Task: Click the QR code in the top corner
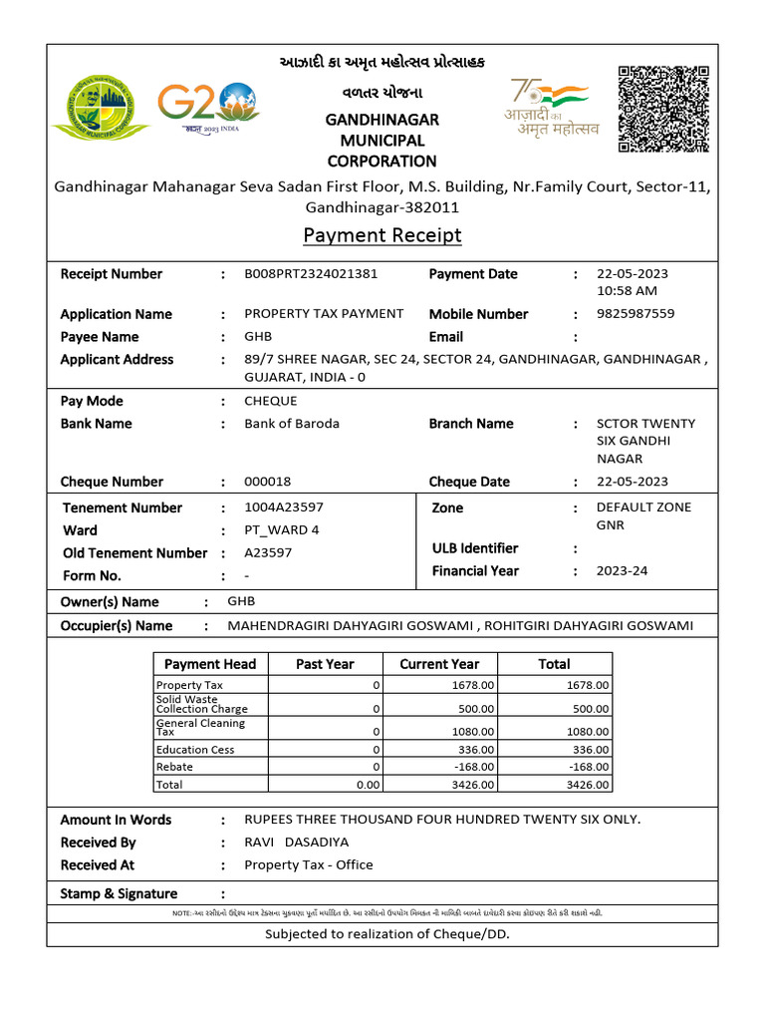tap(662, 109)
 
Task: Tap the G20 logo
tap(208, 107)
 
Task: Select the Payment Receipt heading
tap(382, 235)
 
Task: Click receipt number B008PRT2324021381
tap(311, 273)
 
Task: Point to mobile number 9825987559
tap(635, 313)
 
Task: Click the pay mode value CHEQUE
tap(271, 401)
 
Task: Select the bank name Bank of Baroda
tap(292, 423)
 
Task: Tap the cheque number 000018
tap(268, 482)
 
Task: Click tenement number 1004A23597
tap(284, 508)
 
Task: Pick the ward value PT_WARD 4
tap(282, 529)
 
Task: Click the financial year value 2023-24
tap(622, 571)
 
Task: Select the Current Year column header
tap(439, 664)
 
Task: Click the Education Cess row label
tap(195, 750)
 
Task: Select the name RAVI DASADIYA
tap(297, 843)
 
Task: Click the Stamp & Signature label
tap(119, 893)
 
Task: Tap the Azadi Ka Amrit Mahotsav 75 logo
tap(551, 108)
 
